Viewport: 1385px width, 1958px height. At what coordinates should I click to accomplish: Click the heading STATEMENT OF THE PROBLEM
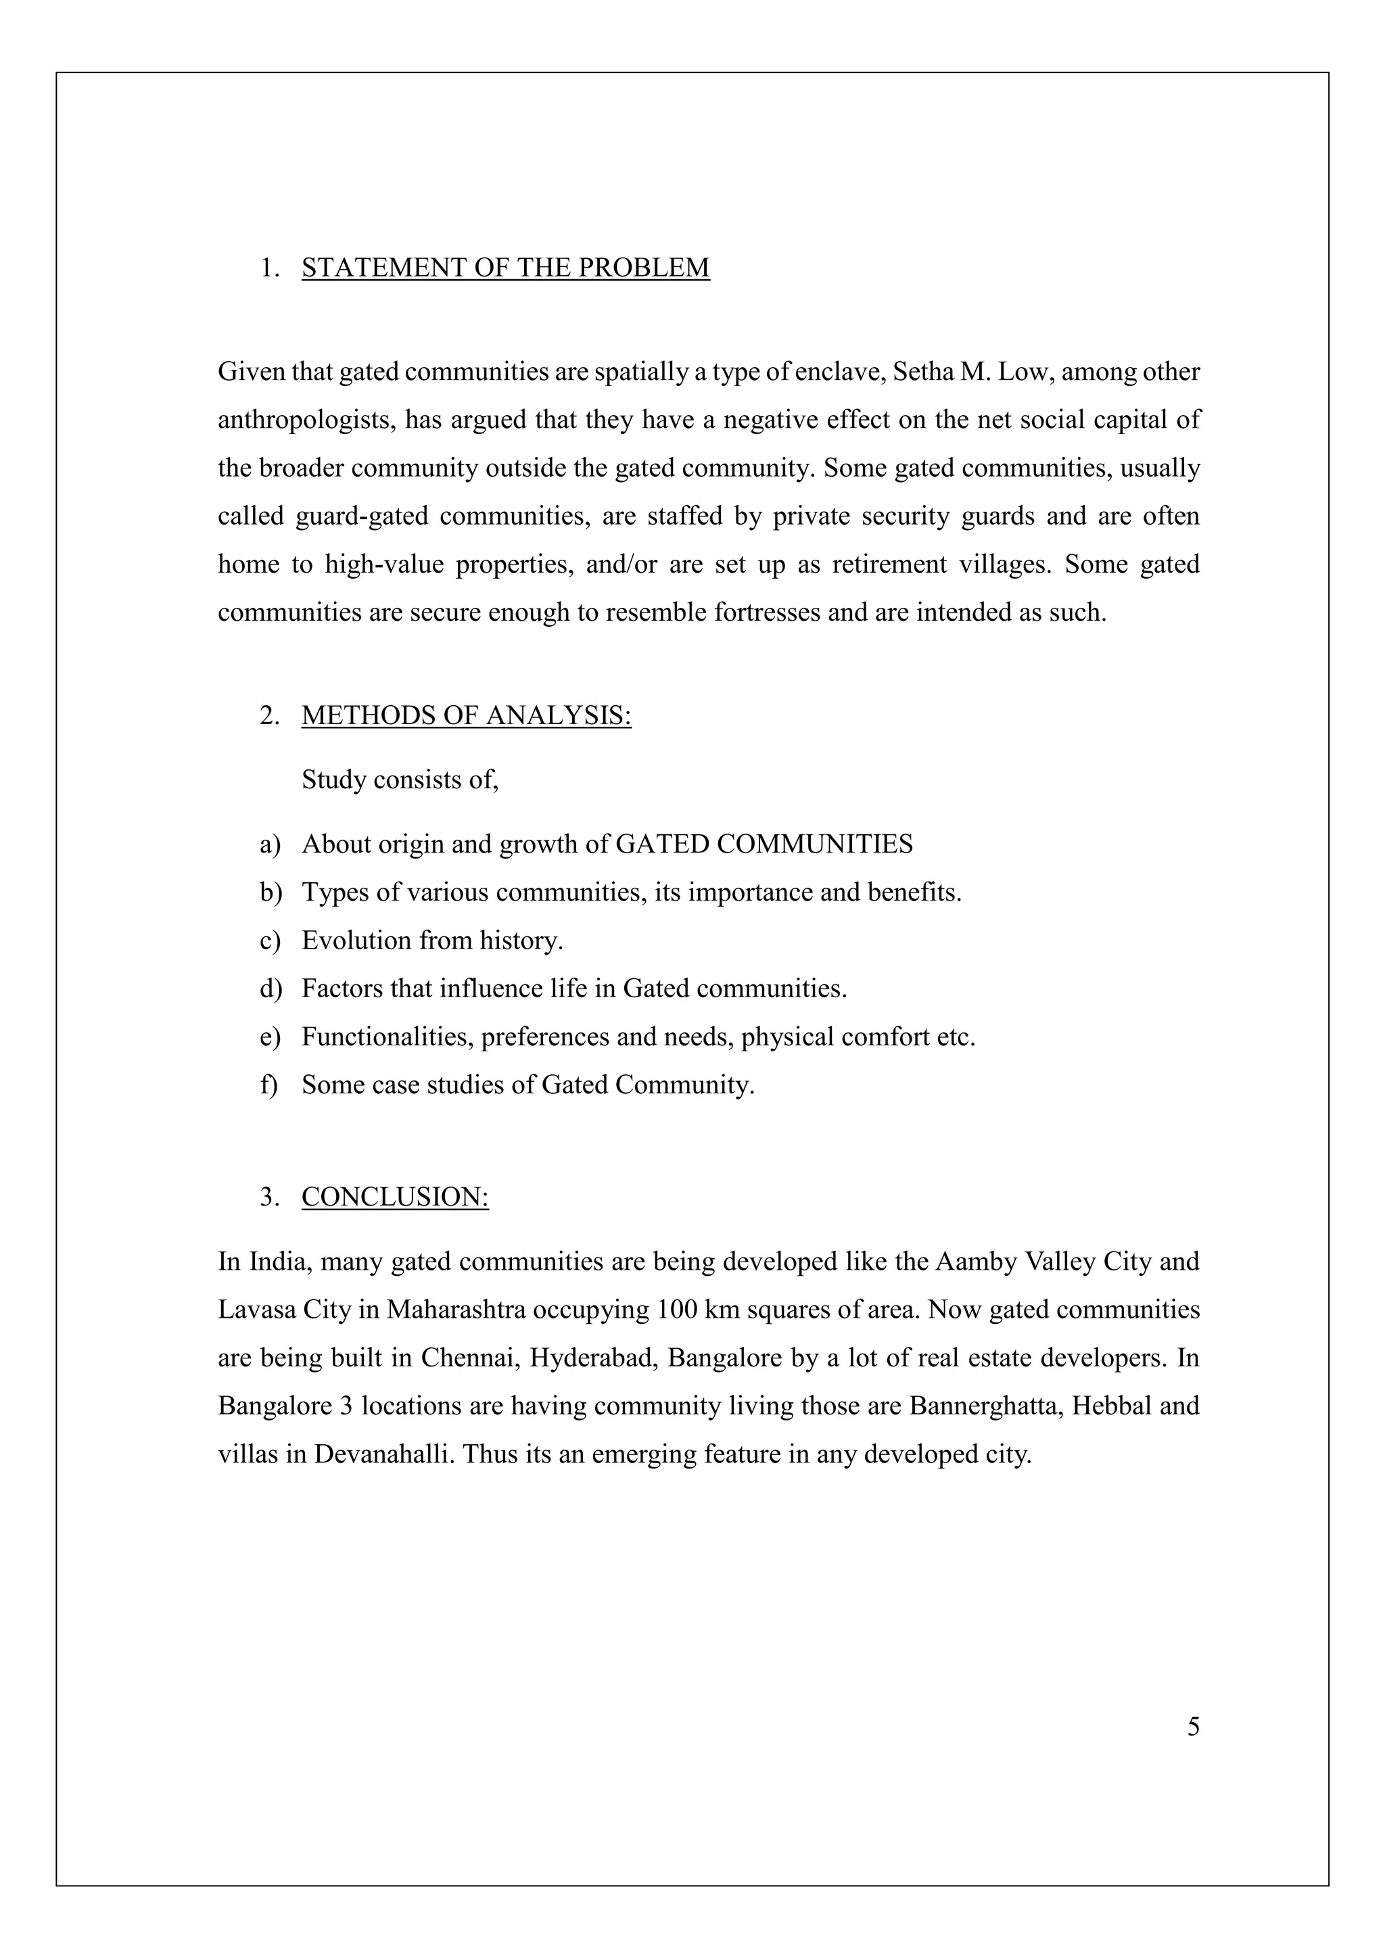505,268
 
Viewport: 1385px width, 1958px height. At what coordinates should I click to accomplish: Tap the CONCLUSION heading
395,1197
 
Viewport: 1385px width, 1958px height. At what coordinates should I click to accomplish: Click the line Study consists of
400,780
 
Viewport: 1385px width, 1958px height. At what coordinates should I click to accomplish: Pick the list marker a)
270,844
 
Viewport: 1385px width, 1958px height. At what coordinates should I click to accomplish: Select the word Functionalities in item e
388,1037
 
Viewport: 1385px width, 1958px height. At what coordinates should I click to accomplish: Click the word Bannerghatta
983,1406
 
